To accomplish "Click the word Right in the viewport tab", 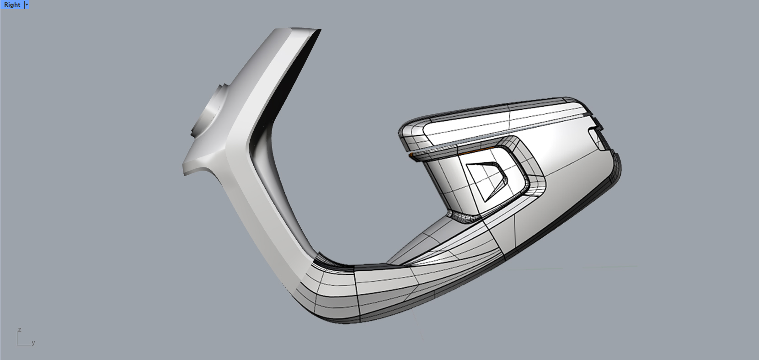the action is (x=12, y=5).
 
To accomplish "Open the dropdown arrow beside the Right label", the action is (x=27, y=5).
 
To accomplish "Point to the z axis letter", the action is (x=20, y=329).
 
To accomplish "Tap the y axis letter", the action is (x=33, y=343).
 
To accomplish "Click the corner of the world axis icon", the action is (x=17, y=345).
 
